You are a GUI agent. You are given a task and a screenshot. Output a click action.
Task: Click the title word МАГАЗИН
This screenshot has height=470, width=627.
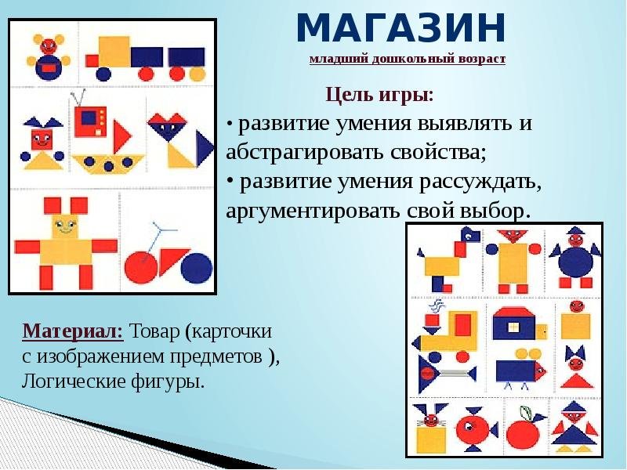[x=401, y=28]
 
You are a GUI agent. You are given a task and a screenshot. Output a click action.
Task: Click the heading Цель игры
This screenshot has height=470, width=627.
[x=379, y=95]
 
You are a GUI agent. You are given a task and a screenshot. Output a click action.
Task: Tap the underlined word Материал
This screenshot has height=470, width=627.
[x=73, y=331]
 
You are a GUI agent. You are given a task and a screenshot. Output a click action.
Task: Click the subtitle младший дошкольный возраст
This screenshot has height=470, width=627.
[x=407, y=60]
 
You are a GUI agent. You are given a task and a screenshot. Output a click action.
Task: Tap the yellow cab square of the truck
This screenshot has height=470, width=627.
[x=114, y=52]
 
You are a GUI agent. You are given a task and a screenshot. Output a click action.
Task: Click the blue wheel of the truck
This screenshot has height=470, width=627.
[x=103, y=74]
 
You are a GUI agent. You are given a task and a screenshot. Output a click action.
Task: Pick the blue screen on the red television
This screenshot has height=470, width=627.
[x=89, y=118]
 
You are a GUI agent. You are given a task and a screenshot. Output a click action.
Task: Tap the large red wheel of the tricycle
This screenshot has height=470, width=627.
[x=141, y=267]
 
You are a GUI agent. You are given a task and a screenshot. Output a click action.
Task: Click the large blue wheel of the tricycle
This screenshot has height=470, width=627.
[x=197, y=268]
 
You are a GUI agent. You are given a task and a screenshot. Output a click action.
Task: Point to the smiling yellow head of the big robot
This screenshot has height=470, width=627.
[x=66, y=226]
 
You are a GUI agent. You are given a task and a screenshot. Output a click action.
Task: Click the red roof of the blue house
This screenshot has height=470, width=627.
[x=514, y=313]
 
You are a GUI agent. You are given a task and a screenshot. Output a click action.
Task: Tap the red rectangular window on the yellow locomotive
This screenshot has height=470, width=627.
[x=462, y=324]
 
